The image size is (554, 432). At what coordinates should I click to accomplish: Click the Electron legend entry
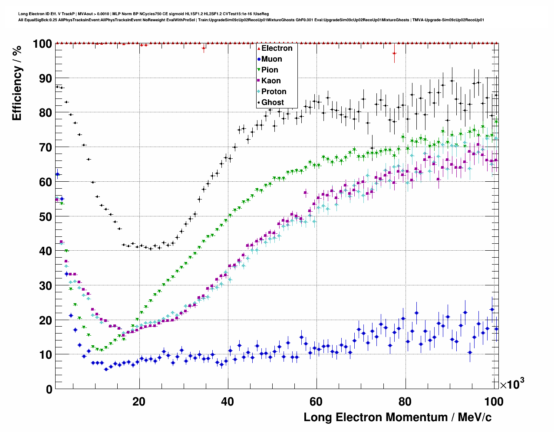pos(277,48)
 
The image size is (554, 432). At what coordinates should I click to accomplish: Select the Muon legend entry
pos(271,59)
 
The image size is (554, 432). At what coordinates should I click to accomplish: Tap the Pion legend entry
pos(269,70)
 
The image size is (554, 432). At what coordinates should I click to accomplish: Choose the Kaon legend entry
pos(270,81)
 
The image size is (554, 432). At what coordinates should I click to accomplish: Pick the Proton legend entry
pos(274,92)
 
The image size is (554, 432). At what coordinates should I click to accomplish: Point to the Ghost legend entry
pos(272,102)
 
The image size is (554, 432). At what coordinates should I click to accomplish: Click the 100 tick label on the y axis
pos(42,44)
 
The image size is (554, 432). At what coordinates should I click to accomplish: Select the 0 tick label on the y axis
pos(49,389)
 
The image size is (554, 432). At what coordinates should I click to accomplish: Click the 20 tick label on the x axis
pos(139,401)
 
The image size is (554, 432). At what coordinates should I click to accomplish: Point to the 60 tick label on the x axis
pos(316,401)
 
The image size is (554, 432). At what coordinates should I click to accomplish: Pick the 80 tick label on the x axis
pos(405,401)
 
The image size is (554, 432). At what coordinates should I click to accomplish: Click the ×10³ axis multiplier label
pos(512,384)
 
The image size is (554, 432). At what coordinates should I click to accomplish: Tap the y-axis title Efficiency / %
pos(17,82)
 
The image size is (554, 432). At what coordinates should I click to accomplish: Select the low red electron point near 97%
pos(394,53)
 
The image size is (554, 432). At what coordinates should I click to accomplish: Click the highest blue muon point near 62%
pos(57,174)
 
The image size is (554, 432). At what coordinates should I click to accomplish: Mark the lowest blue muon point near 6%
pos(106,369)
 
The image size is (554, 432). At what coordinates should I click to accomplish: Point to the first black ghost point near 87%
pos(57,87)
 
